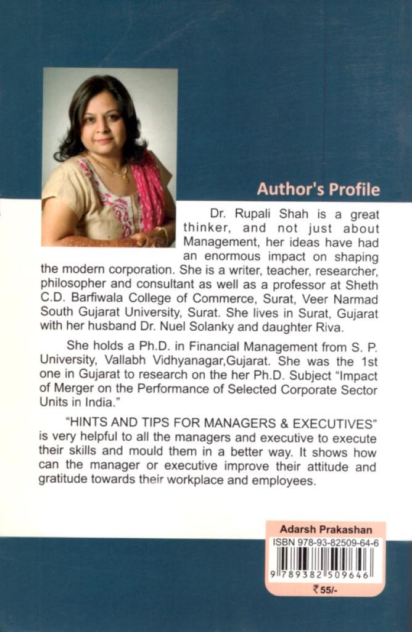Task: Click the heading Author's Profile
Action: (318, 189)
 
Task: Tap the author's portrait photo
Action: (109, 157)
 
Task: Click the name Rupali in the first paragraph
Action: (253, 215)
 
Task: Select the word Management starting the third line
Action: (215, 242)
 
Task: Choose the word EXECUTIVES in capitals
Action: (333, 425)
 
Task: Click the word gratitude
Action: (65, 481)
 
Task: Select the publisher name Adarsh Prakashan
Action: (326, 530)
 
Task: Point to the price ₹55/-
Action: (325, 590)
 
